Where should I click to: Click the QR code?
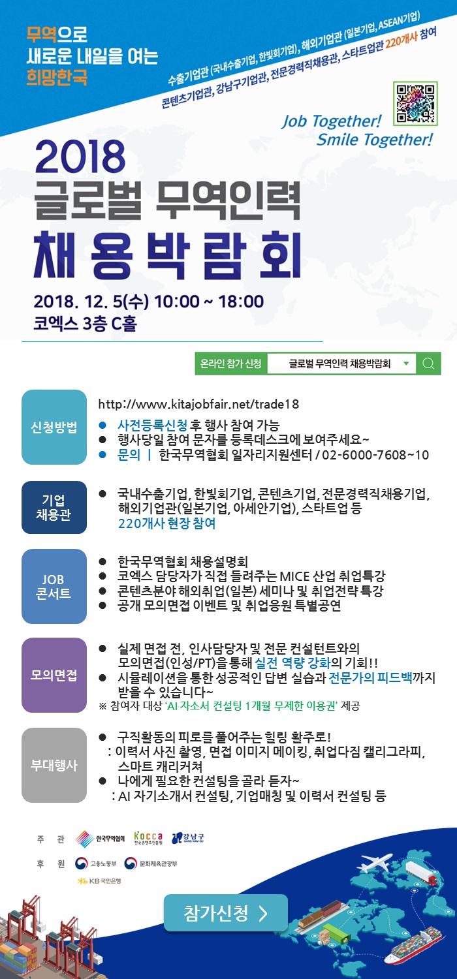click(x=415, y=104)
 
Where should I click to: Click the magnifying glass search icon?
click(x=428, y=364)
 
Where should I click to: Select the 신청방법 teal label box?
click(x=54, y=427)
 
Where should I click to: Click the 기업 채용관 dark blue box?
click(x=54, y=507)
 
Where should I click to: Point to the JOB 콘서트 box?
click(x=54, y=586)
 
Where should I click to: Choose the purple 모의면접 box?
click(x=54, y=675)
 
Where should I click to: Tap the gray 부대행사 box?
click(x=54, y=765)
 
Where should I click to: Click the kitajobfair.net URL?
click(x=198, y=404)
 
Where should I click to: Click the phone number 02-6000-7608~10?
click(x=376, y=455)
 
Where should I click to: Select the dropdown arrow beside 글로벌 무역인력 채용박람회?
click(x=406, y=364)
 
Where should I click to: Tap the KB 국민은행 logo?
click(x=99, y=881)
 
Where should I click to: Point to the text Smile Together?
click(x=374, y=140)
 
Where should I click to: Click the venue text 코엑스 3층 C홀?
click(x=86, y=323)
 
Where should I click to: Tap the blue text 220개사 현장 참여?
click(x=166, y=523)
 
